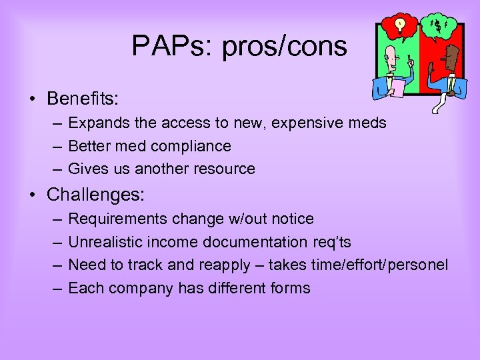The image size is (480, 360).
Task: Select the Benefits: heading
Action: pos(83,99)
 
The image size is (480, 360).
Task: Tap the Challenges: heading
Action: pos(96,195)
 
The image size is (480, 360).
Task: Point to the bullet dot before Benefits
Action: pos(33,99)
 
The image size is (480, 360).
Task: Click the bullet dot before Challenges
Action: pos(33,195)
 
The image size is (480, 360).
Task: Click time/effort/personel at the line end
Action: pos(380,265)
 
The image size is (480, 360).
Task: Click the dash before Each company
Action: pos(56,289)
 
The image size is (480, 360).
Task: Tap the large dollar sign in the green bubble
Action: pos(437,27)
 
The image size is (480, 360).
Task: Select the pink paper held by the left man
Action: pos(397,87)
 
